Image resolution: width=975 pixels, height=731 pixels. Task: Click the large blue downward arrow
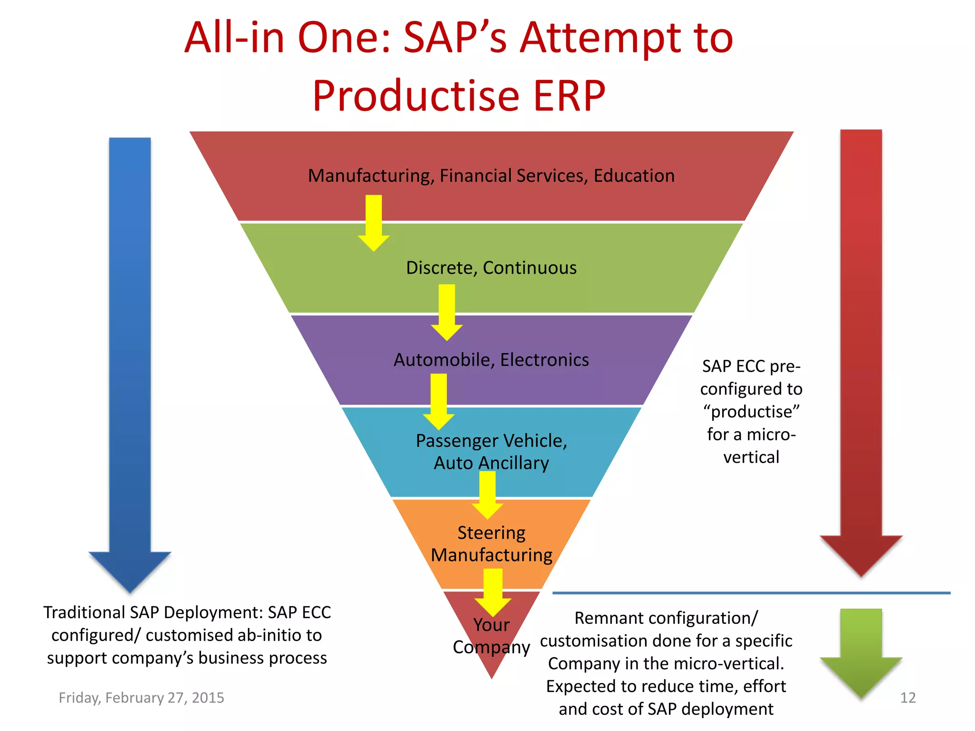[129, 362]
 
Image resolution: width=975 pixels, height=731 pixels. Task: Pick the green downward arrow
[861, 652]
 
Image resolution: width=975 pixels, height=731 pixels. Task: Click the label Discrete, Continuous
[491, 268]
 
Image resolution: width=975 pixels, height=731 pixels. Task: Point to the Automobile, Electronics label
[491, 360]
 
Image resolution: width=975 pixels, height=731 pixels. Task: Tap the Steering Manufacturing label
[491, 544]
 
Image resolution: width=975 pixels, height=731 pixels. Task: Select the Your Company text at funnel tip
[491, 636]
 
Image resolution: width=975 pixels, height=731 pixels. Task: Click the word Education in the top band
[634, 176]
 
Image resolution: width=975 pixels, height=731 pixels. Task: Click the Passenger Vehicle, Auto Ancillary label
[491, 452]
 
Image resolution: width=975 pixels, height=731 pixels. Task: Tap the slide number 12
[907, 698]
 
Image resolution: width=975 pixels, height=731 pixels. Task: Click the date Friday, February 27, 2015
[141, 698]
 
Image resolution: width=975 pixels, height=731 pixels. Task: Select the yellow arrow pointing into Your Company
[493, 593]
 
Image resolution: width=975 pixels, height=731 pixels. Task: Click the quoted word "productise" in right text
[751, 412]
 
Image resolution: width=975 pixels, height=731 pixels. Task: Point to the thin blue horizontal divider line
[751, 593]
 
